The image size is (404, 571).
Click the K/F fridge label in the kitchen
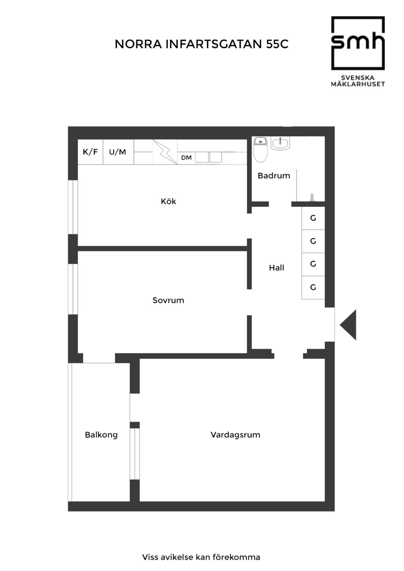pyautogui.click(x=90, y=152)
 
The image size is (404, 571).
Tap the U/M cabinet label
pyautogui.click(x=117, y=152)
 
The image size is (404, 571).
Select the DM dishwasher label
pyautogui.click(x=186, y=158)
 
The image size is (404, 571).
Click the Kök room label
pyautogui.click(x=168, y=201)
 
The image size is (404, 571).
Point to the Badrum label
pyautogui.click(x=274, y=176)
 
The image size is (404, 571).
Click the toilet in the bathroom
pyautogui.click(x=260, y=149)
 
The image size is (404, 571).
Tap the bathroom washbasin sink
pyautogui.click(x=280, y=143)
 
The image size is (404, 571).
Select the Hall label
pyautogui.click(x=277, y=268)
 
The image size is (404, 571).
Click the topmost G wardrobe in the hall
pyautogui.click(x=313, y=218)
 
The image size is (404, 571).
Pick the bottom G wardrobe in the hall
pyautogui.click(x=313, y=287)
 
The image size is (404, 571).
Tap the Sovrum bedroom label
pyautogui.click(x=168, y=300)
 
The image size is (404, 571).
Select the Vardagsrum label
pyautogui.click(x=235, y=435)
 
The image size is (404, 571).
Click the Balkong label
pyautogui.click(x=101, y=435)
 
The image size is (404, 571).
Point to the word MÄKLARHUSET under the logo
pyautogui.click(x=358, y=84)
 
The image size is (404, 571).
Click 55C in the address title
pyautogui.click(x=277, y=44)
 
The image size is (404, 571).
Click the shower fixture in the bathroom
pyautogui.click(x=312, y=197)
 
